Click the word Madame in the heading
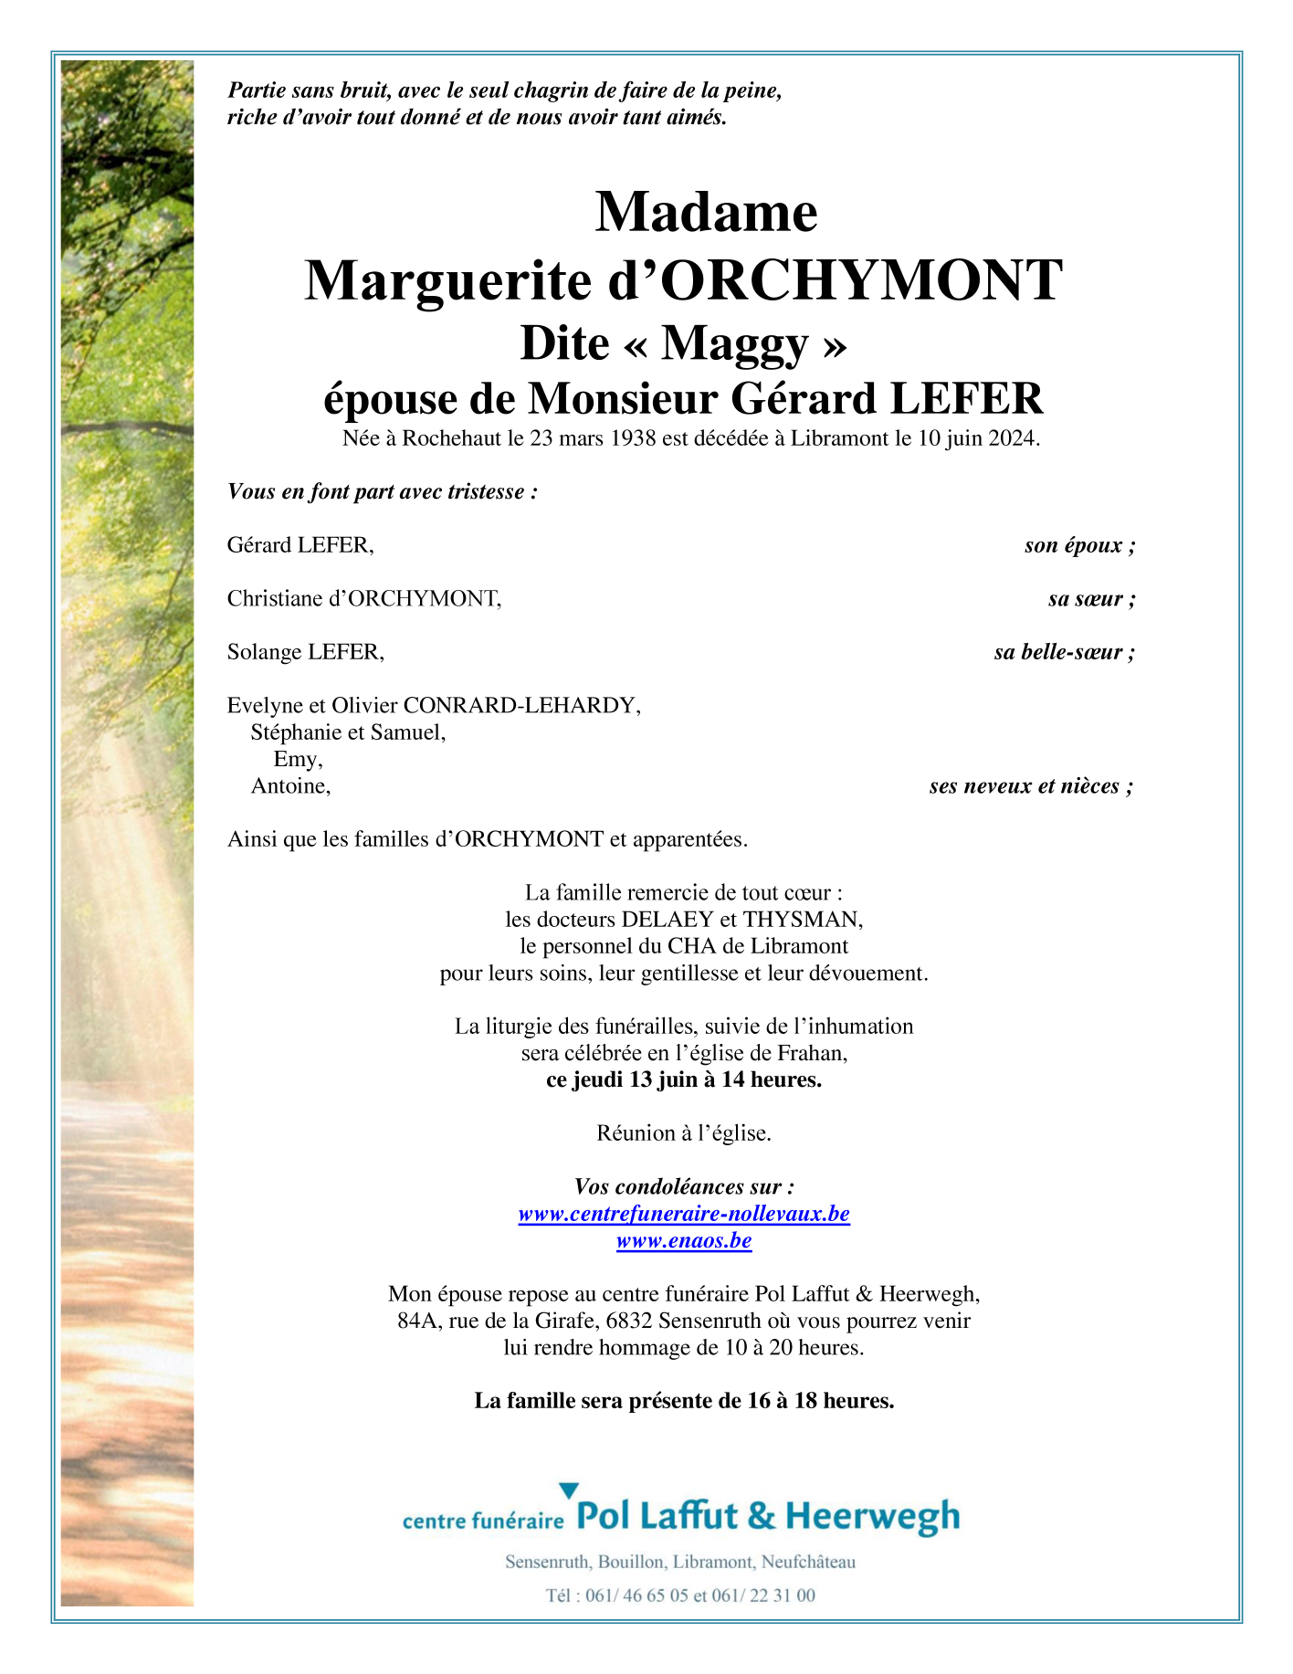pyautogui.click(x=706, y=212)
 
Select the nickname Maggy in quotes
pyautogui.click(x=735, y=343)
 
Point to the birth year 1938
pyautogui.click(x=633, y=438)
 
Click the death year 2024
pyautogui.click(x=1013, y=438)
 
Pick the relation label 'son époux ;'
pyautogui.click(x=1079, y=545)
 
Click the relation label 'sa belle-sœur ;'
pyautogui.click(x=1064, y=652)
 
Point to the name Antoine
pyautogui.click(x=289, y=786)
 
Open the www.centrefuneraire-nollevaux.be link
pyautogui.click(x=684, y=1214)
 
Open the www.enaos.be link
pyautogui.click(x=684, y=1241)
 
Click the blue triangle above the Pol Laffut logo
pyautogui.click(x=568, y=1490)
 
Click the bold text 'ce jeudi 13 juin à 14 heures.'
pyautogui.click(x=684, y=1080)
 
